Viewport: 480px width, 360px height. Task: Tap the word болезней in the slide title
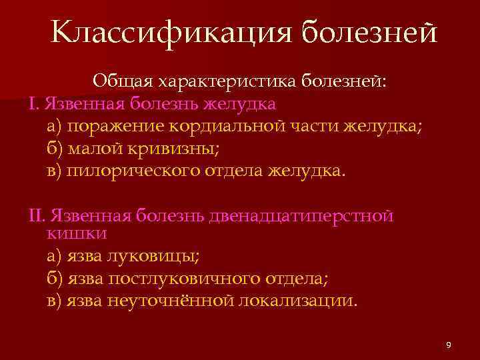(369, 32)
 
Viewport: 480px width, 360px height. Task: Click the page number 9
(448, 345)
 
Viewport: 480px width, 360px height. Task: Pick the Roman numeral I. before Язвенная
(35, 103)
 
